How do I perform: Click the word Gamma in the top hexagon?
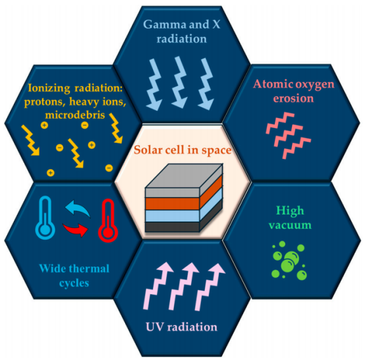(164, 24)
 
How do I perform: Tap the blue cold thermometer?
(45, 218)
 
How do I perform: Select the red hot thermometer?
(108, 220)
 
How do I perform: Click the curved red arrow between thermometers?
(75, 229)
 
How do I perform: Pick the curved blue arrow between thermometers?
(78, 208)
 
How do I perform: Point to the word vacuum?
(290, 225)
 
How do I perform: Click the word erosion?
(293, 98)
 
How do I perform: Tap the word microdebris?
(75, 115)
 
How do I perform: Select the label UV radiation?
(182, 326)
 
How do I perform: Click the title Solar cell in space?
(182, 150)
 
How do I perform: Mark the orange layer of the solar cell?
(172, 204)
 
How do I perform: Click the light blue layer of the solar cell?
(172, 216)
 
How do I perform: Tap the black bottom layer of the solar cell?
(172, 227)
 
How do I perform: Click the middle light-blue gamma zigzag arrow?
(180, 82)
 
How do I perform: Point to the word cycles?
(74, 283)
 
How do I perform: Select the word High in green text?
(290, 211)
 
